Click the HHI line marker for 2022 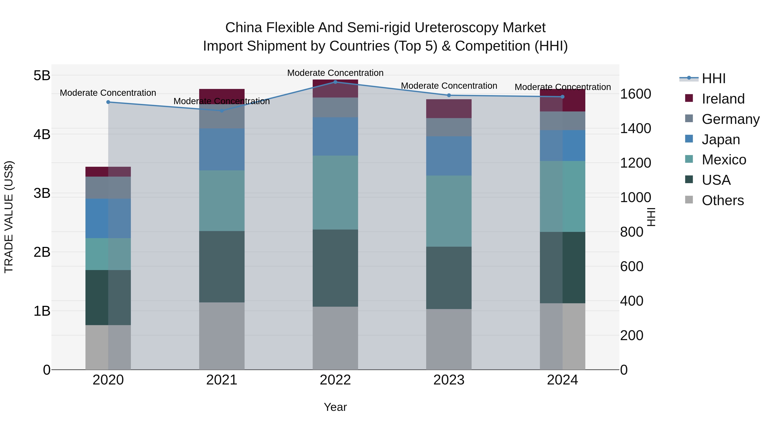click(x=335, y=82)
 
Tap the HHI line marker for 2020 click(x=108, y=102)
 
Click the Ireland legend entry click(x=723, y=99)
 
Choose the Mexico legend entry click(x=723, y=160)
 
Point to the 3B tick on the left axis click(x=42, y=193)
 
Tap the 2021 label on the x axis click(x=222, y=380)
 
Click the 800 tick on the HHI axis click(x=632, y=232)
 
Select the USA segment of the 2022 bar click(x=335, y=268)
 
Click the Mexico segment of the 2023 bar click(x=449, y=211)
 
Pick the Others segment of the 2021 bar click(x=222, y=336)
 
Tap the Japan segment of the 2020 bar click(x=108, y=218)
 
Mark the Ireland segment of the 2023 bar click(x=449, y=109)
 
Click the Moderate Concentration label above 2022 click(x=335, y=73)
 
